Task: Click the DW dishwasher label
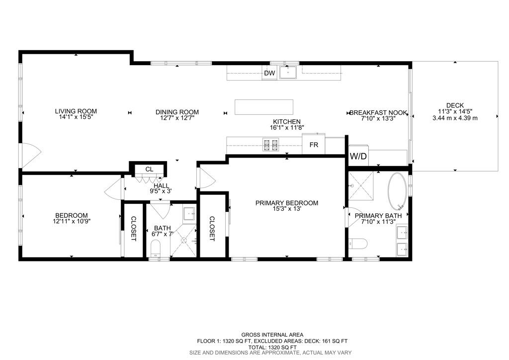[x=269, y=74]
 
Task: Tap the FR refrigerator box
[x=314, y=145]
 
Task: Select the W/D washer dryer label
[x=358, y=156]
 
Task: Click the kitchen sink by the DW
[x=288, y=73]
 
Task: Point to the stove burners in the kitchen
[x=271, y=145]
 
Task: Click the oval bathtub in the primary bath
[x=397, y=191]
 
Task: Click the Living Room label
[x=76, y=111]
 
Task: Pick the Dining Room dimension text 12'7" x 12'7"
[x=176, y=118]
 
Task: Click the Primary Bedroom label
[x=286, y=203]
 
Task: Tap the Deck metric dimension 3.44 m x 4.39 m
[x=455, y=118]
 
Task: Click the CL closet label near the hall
[x=149, y=170]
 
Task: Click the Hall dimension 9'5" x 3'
[x=161, y=191]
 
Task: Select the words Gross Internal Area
[x=272, y=335]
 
